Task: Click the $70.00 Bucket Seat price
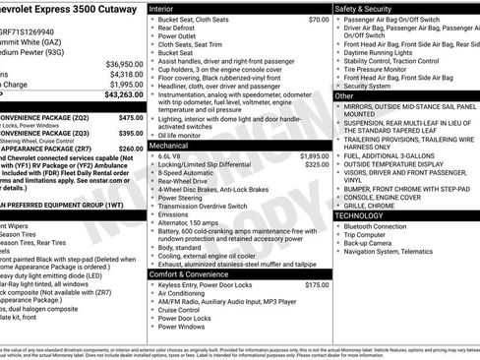click(x=318, y=20)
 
